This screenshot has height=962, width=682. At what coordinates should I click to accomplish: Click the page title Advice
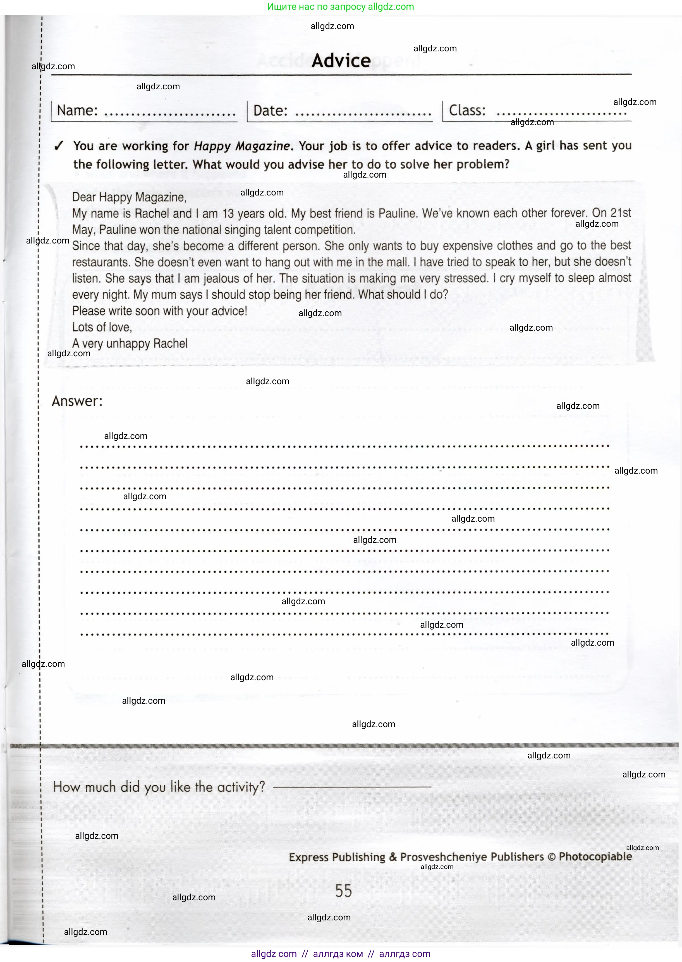click(341, 61)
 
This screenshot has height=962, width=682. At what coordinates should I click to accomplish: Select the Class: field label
click(467, 111)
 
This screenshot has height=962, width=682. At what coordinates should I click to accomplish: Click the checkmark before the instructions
click(59, 146)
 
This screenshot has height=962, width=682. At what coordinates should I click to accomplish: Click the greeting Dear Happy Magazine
click(129, 197)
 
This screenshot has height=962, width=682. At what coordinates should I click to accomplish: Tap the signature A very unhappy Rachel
click(130, 344)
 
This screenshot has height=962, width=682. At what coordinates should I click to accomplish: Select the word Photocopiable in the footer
click(595, 856)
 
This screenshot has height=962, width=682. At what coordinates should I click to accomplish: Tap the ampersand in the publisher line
click(393, 857)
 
